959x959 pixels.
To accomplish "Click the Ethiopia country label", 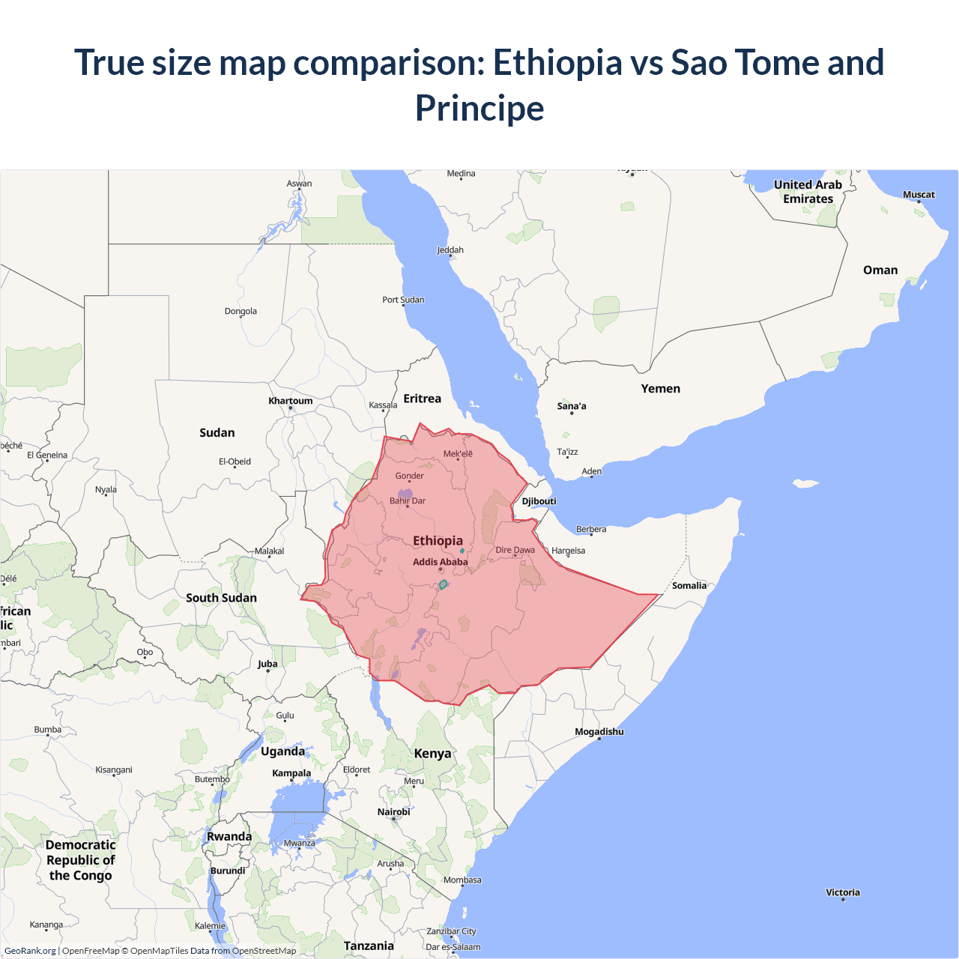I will pyautogui.click(x=438, y=540).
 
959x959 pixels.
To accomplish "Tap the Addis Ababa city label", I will pyautogui.click(x=440, y=562).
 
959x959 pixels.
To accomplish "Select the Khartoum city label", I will pyautogui.click(x=291, y=401).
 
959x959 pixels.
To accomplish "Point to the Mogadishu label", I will pyautogui.click(x=599, y=731).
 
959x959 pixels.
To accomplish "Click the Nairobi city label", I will pyautogui.click(x=394, y=811).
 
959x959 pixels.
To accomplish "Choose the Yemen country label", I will pyautogui.click(x=661, y=388).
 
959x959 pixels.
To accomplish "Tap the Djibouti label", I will pyautogui.click(x=539, y=501).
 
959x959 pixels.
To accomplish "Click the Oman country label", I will pyautogui.click(x=880, y=270).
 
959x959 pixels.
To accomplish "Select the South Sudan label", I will pyautogui.click(x=221, y=597).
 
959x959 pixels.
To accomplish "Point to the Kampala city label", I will pyautogui.click(x=291, y=772).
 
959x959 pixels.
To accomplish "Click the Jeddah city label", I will pyautogui.click(x=450, y=249).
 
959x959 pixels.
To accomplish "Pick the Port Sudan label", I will pyautogui.click(x=403, y=300).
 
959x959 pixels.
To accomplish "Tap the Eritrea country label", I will pyautogui.click(x=423, y=399).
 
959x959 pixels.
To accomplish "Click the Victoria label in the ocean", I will pyautogui.click(x=843, y=892).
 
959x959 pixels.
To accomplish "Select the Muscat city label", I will pyautogui.click(x=919, y=195).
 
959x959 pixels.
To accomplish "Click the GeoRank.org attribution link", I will pyautogui.click(x=30, y=951).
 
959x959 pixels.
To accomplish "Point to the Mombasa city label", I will pyautogui.click(x=462, y=880).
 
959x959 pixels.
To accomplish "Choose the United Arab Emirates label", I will pyautogui.click(x=808, y=192).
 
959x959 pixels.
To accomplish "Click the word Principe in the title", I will pyautogui.click(x=479, y=108).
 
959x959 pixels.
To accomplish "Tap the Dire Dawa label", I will pyautogui.click(x=515, y=550).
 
